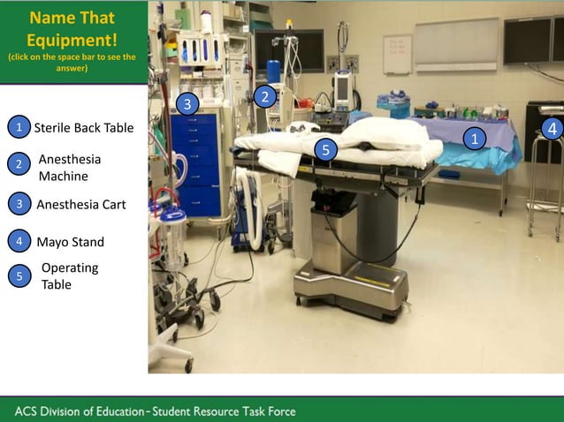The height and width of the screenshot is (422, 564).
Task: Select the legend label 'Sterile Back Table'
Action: point(84,128)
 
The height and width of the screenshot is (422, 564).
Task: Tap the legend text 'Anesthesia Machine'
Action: point(70,168)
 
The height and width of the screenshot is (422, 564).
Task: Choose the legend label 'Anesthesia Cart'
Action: point(81,205)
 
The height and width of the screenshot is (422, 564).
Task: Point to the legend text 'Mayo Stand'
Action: point(70,242)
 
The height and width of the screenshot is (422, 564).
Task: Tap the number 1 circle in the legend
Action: point(19,127)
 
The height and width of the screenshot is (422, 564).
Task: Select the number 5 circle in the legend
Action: point(19,276)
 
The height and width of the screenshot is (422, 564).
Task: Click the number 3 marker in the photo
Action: point(186,104)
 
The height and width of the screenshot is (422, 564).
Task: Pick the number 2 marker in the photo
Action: point(263,96)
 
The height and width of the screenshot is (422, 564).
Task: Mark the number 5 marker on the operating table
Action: point(325,150)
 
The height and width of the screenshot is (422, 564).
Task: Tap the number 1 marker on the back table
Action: point(475,139)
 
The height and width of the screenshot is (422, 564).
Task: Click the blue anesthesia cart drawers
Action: point(195,163)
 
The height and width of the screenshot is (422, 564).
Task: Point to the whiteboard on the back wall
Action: point(397,53)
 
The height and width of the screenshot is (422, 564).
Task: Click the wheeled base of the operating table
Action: point(351,284)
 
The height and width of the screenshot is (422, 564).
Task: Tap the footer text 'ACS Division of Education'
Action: point(79,411)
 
